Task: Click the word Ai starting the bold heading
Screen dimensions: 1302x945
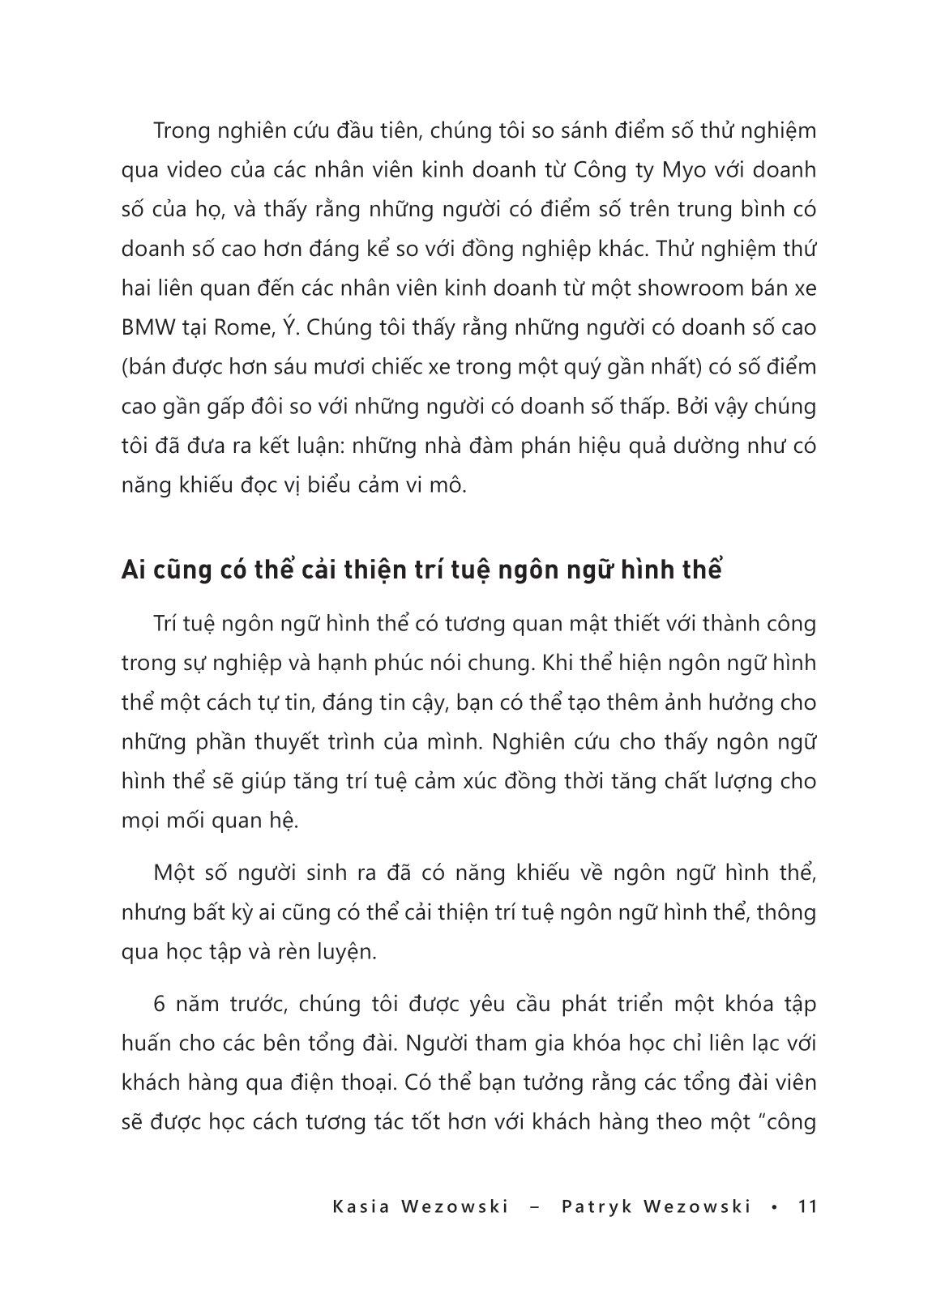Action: coord(135,570)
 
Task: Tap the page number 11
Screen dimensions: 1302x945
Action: coord(807,1206)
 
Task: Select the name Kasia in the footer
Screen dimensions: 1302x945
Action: coord(360,1206)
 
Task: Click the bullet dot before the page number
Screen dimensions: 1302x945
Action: coord(776,1206)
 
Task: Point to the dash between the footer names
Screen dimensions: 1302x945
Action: coord(535,1206)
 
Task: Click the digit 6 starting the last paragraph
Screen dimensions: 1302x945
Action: coord(159,1004)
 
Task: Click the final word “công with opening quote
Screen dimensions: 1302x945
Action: coord(785,1123)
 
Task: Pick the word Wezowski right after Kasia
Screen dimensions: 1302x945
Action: coord(455,1206)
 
